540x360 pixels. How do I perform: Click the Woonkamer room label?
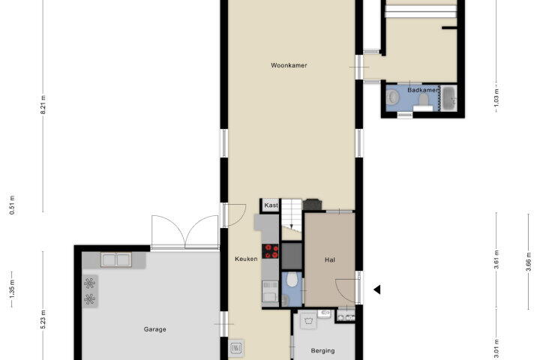(x=289, y=65)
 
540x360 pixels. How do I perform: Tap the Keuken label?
(x=246, y=259)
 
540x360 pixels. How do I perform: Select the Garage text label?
(x=154, y=329)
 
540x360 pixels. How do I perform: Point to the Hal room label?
(x=329, y=259)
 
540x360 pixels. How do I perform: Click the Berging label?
(x=322, y=351)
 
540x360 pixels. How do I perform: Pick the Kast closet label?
(x=271, y=205)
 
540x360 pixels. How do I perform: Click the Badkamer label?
(x=422, y=90)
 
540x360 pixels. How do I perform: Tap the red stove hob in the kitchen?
(x=270, y=251)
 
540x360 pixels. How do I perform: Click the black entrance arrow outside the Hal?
(x=377, y=289)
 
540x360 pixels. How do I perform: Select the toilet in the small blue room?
(x=292, y=280)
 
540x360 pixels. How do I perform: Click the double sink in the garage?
(x=116, y=259)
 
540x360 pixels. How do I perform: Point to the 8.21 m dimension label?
(x=43, y=104)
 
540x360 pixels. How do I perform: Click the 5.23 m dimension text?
(x=43, y=319)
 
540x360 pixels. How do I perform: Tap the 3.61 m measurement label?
(x=496, y=259)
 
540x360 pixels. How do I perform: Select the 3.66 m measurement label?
(x=529, y=262)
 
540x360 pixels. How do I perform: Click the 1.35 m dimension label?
(x=12, y=289)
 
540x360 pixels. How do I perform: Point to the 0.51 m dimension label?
(x=12, y=205)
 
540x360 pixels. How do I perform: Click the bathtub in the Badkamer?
(x=449, y=98)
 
